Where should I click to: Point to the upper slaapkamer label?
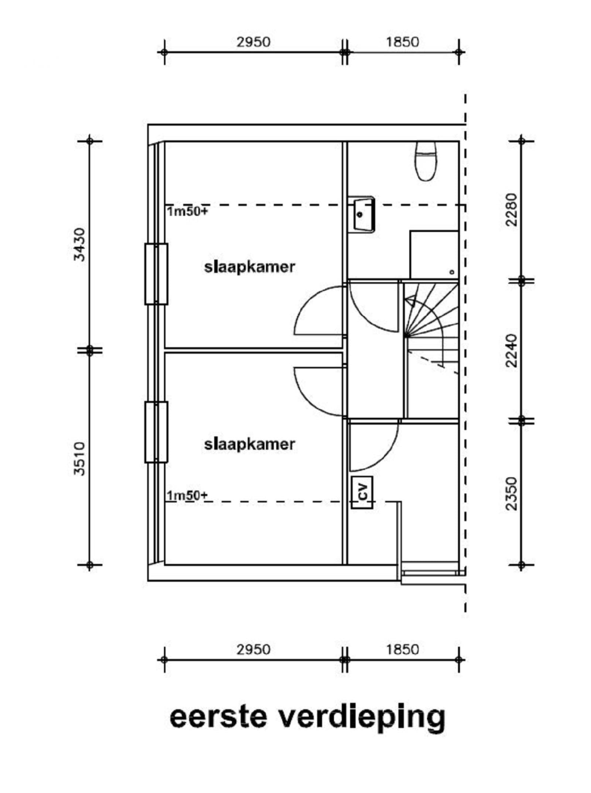[x=250, y=267]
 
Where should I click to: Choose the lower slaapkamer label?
[x=250, y=444]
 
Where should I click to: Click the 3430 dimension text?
[x=79, y=245]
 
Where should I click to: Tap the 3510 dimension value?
[x=79, y=458]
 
